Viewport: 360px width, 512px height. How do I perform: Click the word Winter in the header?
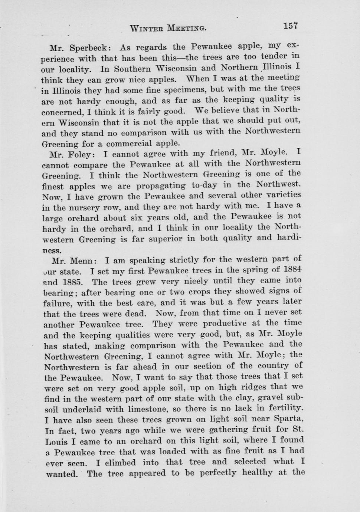[x=147, y=28]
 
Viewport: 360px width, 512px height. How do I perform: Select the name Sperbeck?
[x=89, y=48]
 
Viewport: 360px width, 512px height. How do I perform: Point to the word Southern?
[x=132, y=69]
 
